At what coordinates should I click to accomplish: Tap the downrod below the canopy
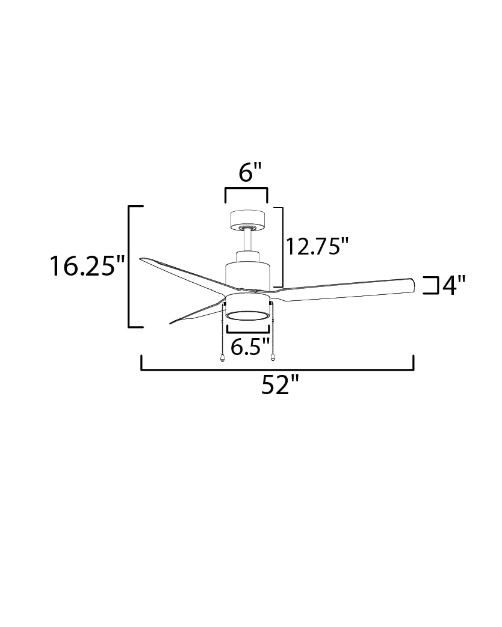(x=247, y=240)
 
